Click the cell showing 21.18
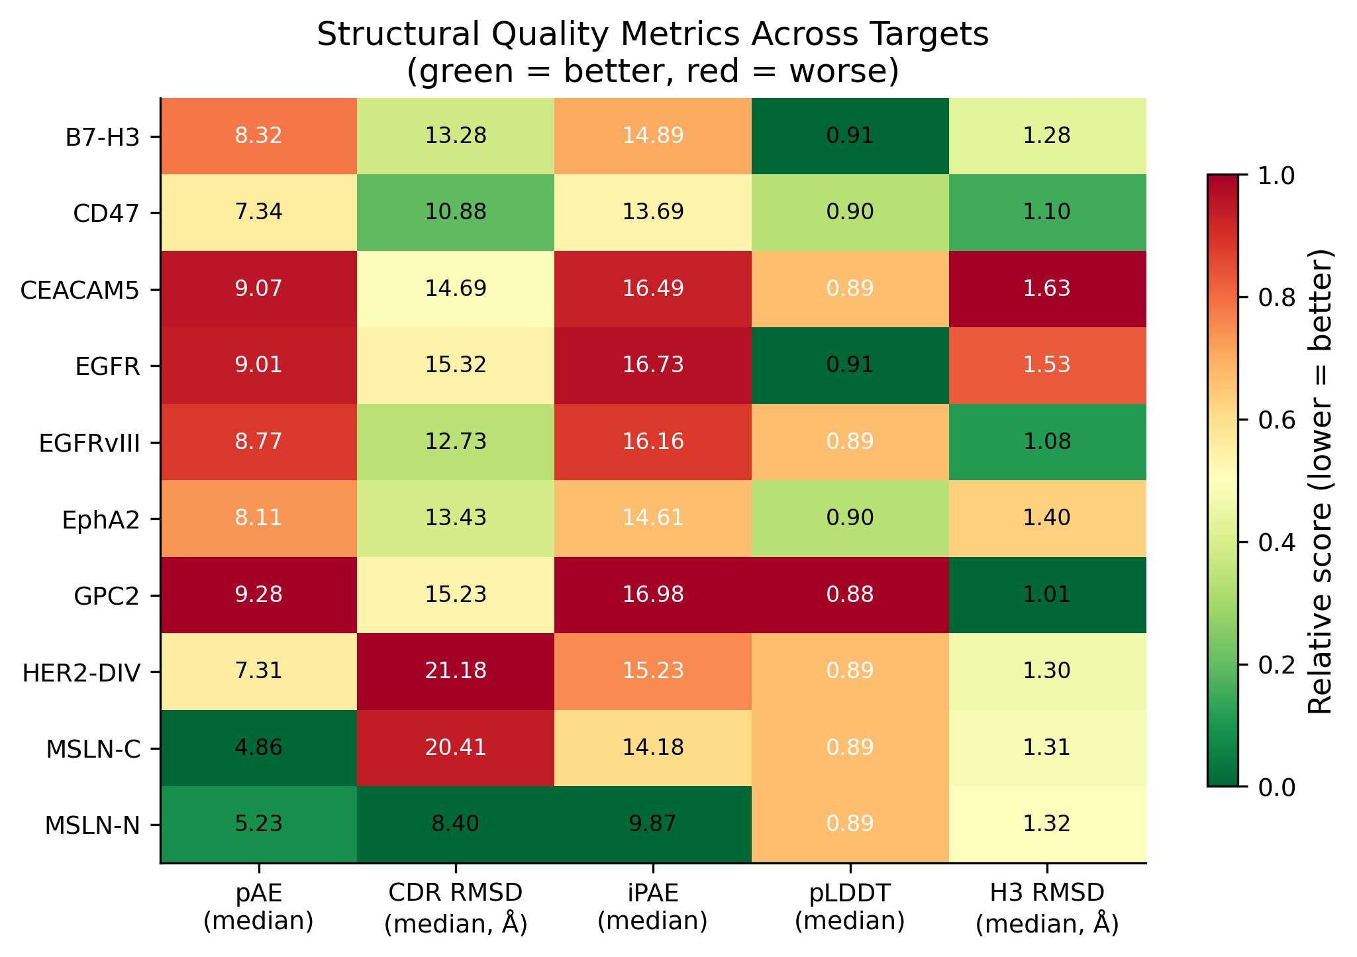(x=455, y=671)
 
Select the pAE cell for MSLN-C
(x=258, y=748)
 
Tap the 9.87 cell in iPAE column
(x=652, y=824)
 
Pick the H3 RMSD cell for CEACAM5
(x=1047, y=289)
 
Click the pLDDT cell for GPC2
(x=850, y=595)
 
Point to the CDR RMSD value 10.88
(x=455, y=212)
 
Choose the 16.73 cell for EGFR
(x=652, y=365)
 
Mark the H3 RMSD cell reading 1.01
(x=1047, y=595)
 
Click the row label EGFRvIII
(x=89, y=442)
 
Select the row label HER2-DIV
(x=81, y=672)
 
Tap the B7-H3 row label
(x=103, y=137)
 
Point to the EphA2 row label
(x=101, y=519)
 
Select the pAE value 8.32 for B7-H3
(x=258, y=136)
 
